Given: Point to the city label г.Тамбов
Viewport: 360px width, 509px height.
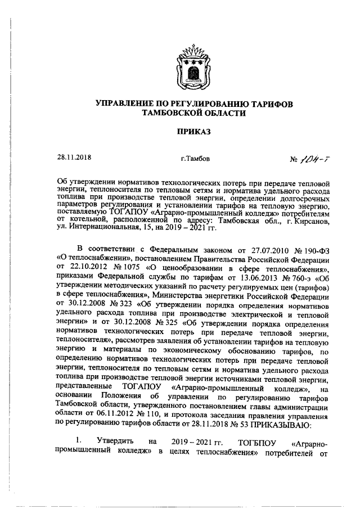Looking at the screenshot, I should (x=195, y=159).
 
